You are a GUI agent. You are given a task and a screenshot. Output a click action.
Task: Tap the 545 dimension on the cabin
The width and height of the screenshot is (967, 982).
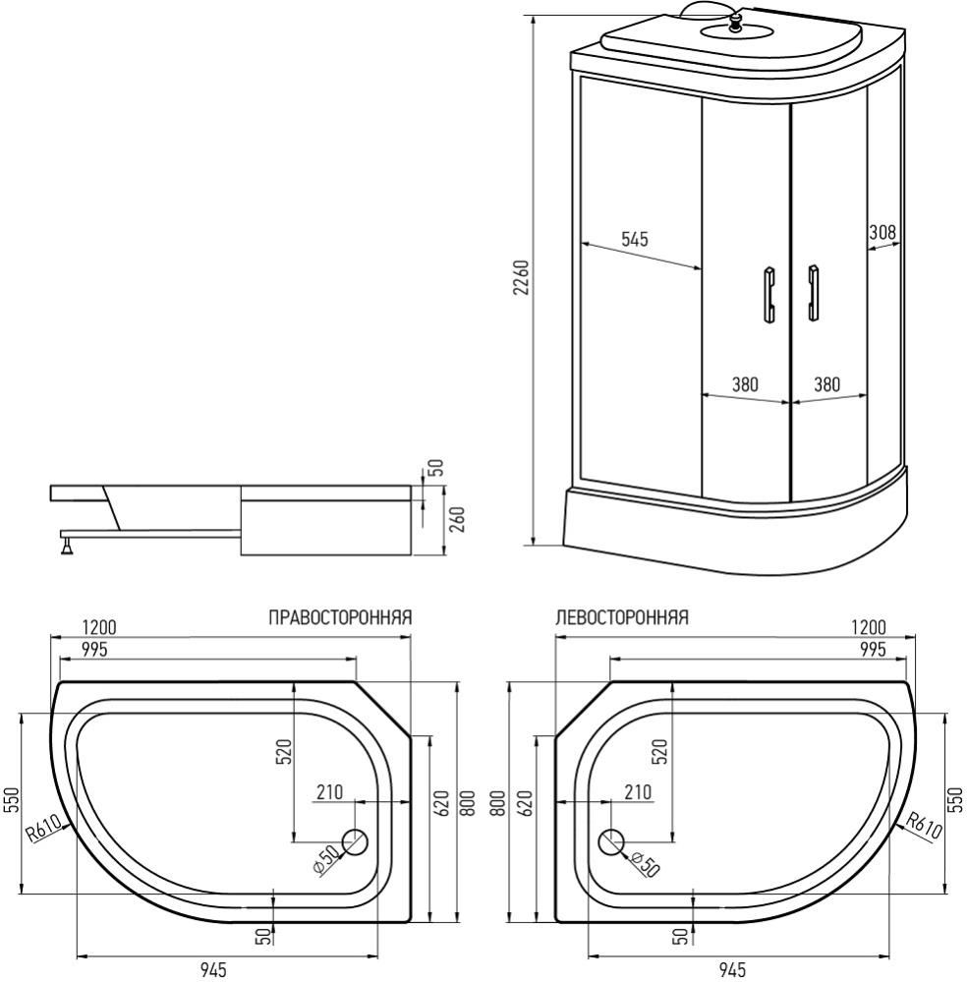634,239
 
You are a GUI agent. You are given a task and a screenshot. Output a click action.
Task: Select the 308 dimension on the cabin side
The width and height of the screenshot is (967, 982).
882,232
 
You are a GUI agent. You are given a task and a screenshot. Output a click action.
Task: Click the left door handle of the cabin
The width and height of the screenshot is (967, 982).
768,294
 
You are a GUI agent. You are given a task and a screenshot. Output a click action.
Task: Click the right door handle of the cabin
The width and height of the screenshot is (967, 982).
813,294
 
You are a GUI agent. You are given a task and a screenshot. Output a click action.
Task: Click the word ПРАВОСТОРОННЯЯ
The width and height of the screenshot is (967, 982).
339,618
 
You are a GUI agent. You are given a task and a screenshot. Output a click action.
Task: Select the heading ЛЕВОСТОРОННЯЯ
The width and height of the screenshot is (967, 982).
621,618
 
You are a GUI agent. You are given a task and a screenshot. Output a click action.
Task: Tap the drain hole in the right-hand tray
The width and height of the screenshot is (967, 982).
354,841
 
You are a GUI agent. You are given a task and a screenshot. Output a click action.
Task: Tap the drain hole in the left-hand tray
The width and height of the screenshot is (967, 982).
611,841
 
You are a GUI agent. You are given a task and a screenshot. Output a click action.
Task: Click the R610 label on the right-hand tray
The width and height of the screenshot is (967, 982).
43,831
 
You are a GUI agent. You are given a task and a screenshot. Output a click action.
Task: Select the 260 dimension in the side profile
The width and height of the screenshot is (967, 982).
456,517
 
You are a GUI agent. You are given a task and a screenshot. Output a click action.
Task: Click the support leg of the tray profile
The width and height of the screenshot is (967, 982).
66,543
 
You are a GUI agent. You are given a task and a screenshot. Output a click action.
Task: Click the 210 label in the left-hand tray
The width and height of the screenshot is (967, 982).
637,791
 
